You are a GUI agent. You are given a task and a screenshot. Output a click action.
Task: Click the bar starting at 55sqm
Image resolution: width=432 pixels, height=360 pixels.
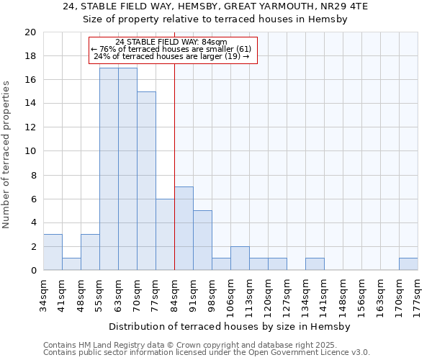[x=109, y=169]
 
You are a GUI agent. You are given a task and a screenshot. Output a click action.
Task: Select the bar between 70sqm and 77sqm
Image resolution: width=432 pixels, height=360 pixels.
[x=146, y=181]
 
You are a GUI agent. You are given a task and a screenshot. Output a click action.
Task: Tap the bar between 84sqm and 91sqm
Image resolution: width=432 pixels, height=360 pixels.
[x=184, y=228]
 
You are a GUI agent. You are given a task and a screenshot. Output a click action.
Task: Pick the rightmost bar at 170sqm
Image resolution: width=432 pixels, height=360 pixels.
[x=408, y=264]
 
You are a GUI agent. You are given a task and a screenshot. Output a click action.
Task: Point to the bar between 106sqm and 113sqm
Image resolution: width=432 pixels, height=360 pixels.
[x=240, y=258]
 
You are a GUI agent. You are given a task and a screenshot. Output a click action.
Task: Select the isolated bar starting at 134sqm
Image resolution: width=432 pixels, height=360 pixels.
[x=315, y=264]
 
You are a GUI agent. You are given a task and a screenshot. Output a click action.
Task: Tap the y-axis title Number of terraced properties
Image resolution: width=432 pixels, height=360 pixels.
[x=7, y=155]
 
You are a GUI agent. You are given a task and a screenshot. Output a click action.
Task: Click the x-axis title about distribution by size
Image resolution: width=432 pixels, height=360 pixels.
[x=230, y=326]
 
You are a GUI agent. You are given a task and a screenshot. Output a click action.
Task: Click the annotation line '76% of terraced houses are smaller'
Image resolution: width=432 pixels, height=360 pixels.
[x=173, y=49]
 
